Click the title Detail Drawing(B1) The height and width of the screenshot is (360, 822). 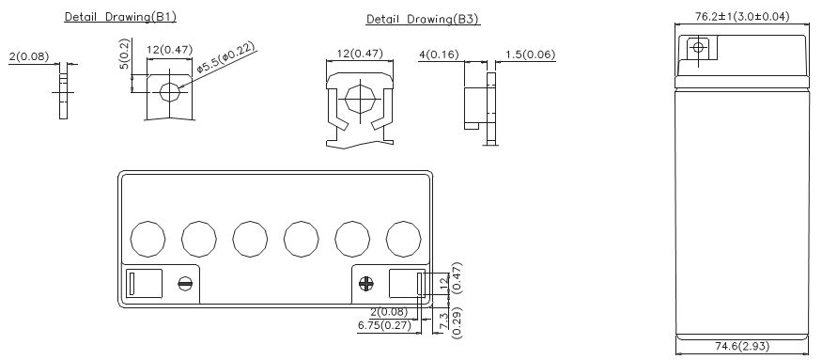pyautogui.click(x=120, y=16)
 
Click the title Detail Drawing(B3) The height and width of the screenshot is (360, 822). pyautogui.click(x=423, y=20)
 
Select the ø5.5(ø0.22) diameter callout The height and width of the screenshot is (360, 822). pyautogui.click(x=226, y=57)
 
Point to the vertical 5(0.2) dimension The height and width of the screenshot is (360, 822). pyautogui.click(x=124, y=54)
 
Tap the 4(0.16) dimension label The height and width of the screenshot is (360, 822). pyautogui.click(x=439, y=55)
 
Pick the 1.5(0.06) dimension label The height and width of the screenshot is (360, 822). pyautogui.click(x=530, y=55)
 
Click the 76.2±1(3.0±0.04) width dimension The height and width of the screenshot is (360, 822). pyautogui.click(x=742, y=16)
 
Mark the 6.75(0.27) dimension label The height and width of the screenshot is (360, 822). pyautogui.click(x=384, y=325)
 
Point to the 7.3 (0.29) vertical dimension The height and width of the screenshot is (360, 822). pyautogui.click(x=450, y=323)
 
